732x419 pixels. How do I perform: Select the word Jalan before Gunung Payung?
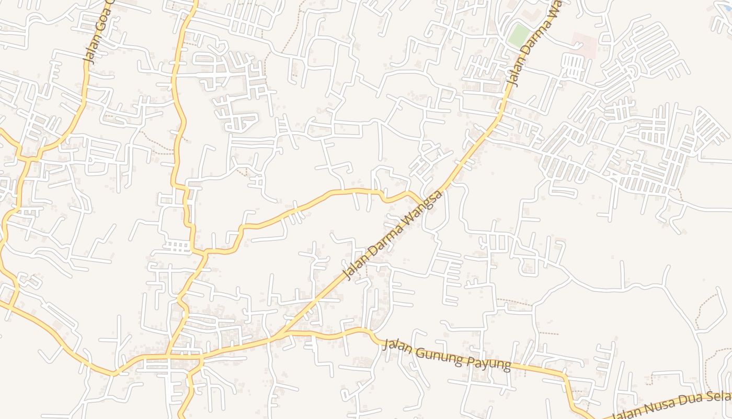(x=399, y=347)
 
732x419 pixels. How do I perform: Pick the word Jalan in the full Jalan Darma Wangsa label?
(x=354, y=268)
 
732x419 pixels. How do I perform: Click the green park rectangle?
(x=519, y=35)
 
